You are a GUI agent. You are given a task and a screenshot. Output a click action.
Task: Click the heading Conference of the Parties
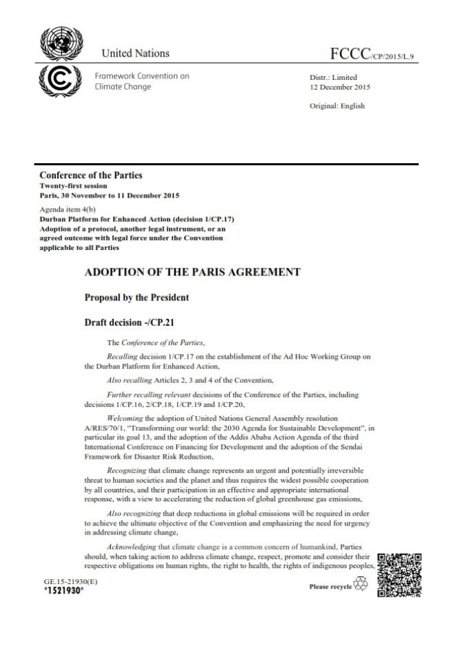click(x=91, y=175)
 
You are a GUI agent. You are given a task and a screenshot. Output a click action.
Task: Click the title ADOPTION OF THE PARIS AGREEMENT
click(x=192, y=272)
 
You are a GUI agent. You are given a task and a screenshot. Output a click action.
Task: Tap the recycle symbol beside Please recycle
click(x=362, y=585)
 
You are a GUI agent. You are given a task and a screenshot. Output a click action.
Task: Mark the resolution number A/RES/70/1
click(x=103, y=427)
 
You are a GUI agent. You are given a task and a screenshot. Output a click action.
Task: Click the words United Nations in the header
click(x=135, y=53)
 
